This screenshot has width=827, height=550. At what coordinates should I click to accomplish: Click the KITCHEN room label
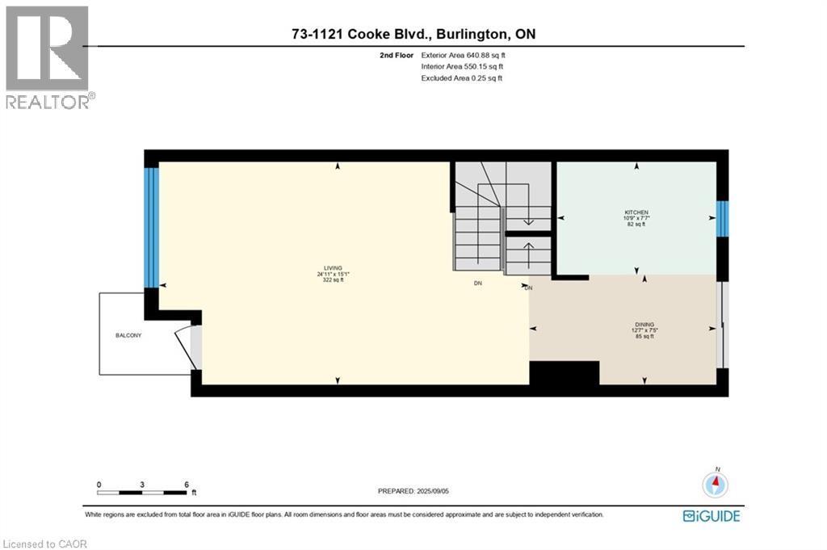(x=636, y=212)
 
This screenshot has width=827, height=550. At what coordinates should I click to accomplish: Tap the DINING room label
(x=644, y=325)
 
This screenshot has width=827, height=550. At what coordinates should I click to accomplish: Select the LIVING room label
(x=333, y=268)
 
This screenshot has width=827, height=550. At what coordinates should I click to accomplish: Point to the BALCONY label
(x=128, y=335)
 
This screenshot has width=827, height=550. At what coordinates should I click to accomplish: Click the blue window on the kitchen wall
(x=721, y=219)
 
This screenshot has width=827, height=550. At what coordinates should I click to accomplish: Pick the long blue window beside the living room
(x=151, y=227)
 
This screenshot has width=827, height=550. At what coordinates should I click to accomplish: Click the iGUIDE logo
(x=711, y=516)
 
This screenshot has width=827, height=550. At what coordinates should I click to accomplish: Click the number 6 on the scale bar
(x=187, y=485)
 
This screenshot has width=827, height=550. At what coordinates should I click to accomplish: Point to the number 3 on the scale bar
(x=142, y=485)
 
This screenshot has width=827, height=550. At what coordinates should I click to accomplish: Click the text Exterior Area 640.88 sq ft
(x=463, y=55)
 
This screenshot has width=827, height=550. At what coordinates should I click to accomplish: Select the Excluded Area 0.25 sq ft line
(x=461, y=78)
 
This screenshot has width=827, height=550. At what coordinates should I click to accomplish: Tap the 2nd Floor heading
(x=397, y=55)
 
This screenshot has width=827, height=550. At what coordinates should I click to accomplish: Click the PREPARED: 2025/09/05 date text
(x=413, y=491)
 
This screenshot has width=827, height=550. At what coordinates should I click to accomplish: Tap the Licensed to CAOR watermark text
(x=45, y=544)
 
